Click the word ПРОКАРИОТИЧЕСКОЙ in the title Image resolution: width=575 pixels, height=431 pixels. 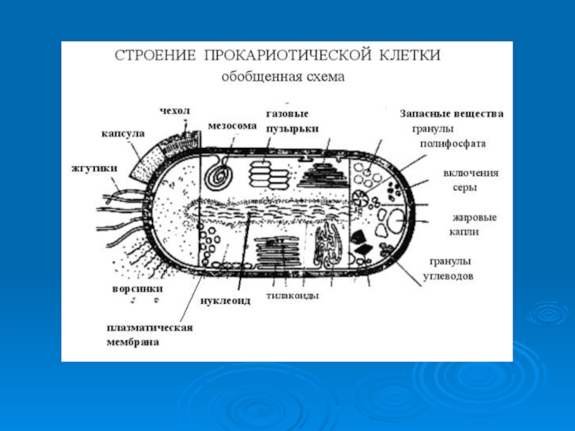[x=289, y=55]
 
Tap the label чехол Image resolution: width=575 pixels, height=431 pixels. [x=175, y=111]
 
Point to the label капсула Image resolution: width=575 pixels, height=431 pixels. [x=123, y=134]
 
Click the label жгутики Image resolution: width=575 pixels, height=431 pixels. [x=94, y=169]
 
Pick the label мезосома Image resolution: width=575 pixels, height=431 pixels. [x=232, y=126]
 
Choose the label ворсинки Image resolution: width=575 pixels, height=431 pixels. [x=137, y=289]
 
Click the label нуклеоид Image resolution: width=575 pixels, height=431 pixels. [x=226, y=301]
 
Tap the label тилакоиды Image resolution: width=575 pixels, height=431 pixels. [x=293, y=295]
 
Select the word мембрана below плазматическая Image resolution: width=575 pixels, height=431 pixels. [x=133, y=343]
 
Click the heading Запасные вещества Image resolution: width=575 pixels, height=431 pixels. [x=451, y=113]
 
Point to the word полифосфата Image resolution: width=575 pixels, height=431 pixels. [x=453, y=144]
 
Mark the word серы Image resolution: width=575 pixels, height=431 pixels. [x=464, y=188]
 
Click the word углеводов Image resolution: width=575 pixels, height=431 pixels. [x=448, y=276]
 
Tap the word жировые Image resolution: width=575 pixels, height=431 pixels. [x=474, y=218]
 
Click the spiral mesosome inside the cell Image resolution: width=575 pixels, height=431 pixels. [x=219, y=173]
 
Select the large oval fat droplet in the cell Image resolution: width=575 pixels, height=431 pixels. [x=397, y=221]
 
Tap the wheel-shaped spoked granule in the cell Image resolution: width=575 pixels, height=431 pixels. [x=362, y=198]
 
